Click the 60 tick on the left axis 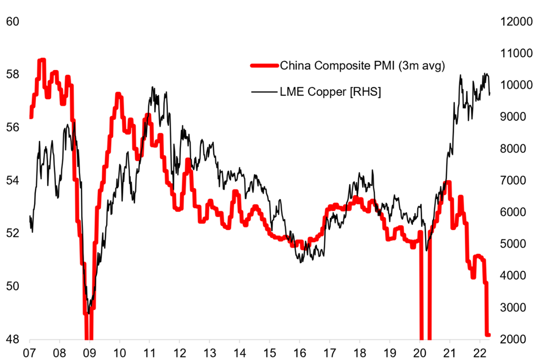(13, 21)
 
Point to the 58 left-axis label (13, 74)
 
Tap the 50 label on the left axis (13, 286)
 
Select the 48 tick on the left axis (13, 339)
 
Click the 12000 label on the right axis (516, 21)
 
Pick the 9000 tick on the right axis (516, 116)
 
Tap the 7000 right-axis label (516, 180)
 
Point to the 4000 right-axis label (516, 275)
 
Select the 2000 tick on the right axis (516, 339)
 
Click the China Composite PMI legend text (362, 65)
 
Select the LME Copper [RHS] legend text (330, 92)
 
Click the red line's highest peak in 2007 (42, 60)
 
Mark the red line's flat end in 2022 (488, 335)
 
